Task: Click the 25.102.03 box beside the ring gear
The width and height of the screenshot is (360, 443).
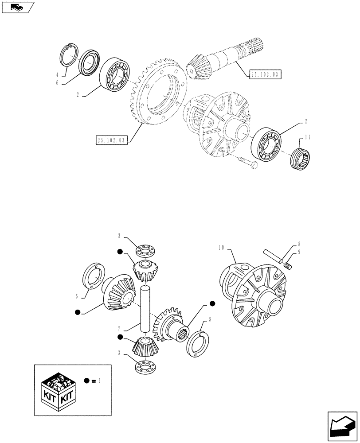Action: (111, 140)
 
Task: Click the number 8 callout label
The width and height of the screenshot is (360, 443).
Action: (299, 243)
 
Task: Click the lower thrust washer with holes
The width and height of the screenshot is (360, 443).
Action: (145, 367)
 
